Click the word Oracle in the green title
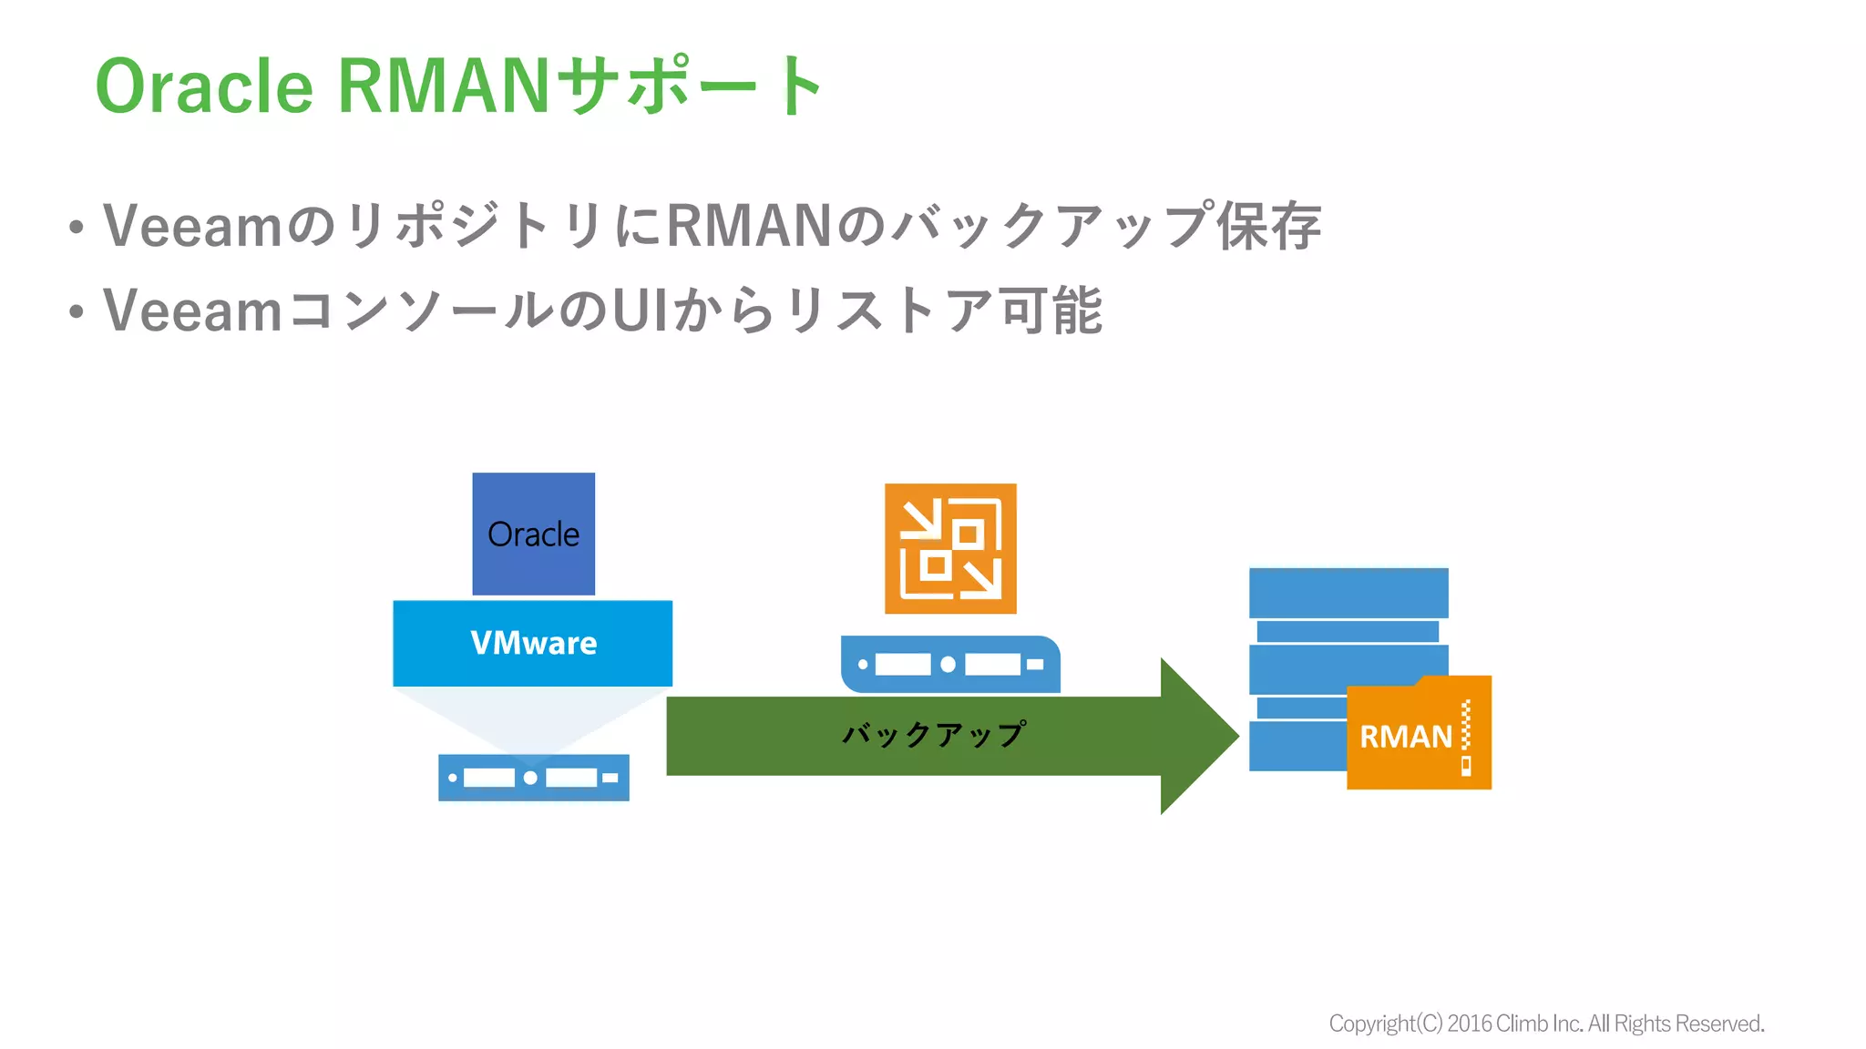click(x=204, y=87)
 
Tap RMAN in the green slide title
click(x=443, y=87)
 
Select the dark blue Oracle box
click(x=533, y=534)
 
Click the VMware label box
click(x=533, y=643)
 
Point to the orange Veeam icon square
click(x=950, y=548)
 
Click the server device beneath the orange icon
click(x=950, y=664)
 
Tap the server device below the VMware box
click(x=533, y=778)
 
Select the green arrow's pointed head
click(x=1198, y=736)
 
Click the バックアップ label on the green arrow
click(x=934, y=734)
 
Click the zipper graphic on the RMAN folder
click(x=1466, y=736)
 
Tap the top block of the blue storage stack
click(x=1348, y=593)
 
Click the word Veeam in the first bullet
click(x=192, y=226)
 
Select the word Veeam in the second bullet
click(x=192, y=311)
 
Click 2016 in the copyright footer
click(x=1469, y=1024)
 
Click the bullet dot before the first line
click(x=77, y=228)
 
